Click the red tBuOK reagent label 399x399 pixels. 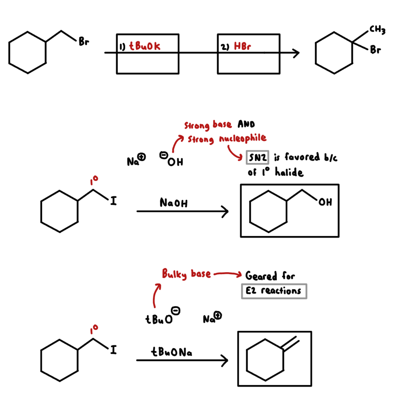[x=145, y=46]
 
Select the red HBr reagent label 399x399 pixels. [x=242, y=46]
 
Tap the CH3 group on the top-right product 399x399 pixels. [x=377, y=29]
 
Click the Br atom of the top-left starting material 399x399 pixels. [x=84, y=41]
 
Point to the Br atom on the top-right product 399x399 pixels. [x=375, y=50]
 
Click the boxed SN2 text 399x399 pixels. [x=257, y=157]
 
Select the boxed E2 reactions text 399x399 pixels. [x=274, y=291]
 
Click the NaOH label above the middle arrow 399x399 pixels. [x=173, y=203]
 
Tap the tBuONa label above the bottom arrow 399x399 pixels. [x=171, y=352]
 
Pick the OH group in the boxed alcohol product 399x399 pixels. [x=325, y=202]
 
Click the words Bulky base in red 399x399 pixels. [x=186, y=274]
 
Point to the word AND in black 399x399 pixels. [x=246, y=124]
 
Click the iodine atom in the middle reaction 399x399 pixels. [x=113, y=201]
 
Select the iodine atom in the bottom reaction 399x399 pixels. [x=113, y=350]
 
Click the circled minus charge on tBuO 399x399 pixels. [x=176, y=310]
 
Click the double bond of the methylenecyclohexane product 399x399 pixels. [x=291, y=343]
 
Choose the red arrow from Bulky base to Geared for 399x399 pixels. [x=228, y=274]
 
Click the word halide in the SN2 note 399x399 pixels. [x=289, y=172]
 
